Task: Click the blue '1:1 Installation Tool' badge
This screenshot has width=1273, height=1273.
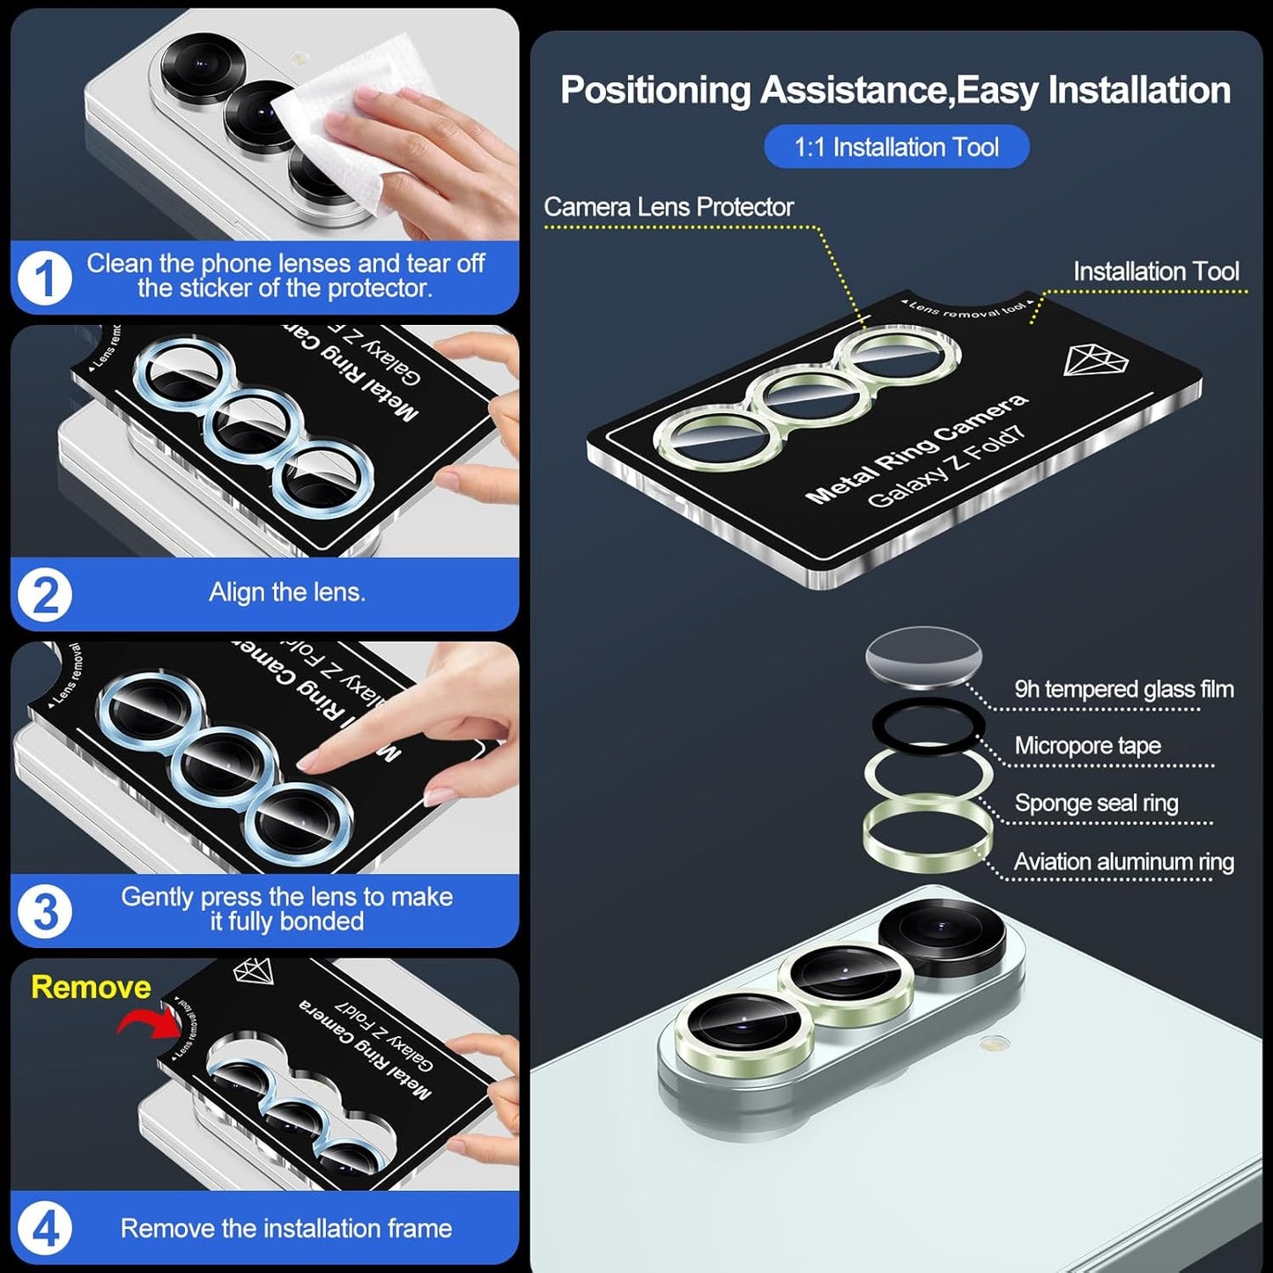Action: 896,147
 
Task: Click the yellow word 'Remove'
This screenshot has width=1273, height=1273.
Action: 91,987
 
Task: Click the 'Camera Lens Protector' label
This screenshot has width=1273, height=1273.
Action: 668,207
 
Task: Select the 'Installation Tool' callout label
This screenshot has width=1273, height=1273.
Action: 1156,271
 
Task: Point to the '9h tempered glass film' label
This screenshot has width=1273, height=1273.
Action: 1123,689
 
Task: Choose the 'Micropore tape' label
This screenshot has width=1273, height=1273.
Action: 1087,746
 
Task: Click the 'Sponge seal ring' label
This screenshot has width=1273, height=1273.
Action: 1096,803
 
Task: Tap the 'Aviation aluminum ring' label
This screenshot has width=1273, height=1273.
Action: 1123,862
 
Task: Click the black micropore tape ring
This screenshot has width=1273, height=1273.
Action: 927,726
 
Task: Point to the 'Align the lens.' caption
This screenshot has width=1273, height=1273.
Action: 286,593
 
